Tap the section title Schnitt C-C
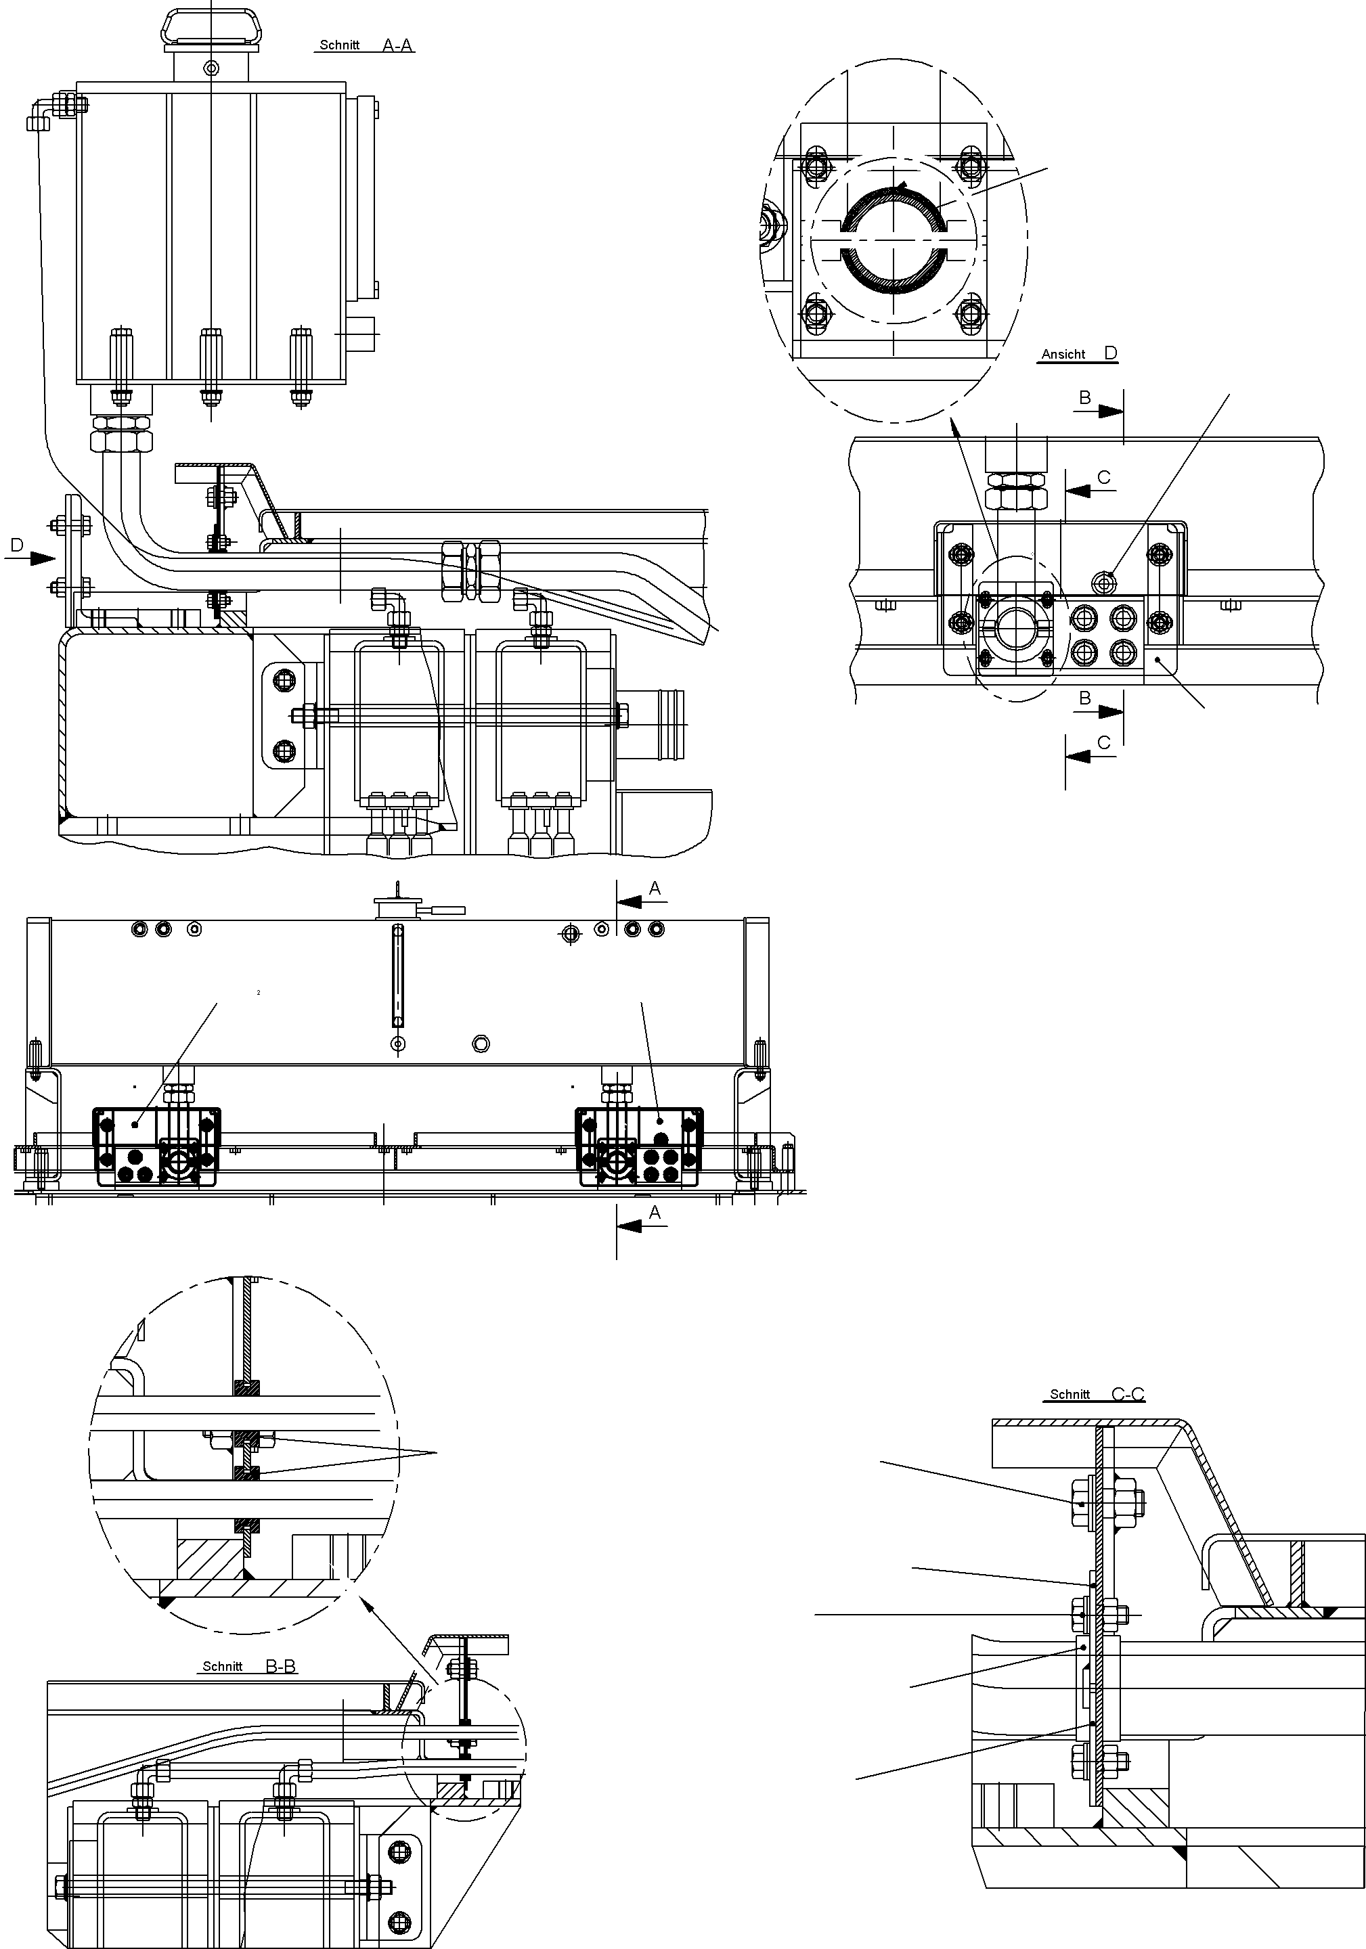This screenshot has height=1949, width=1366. [x=1096, y=1394]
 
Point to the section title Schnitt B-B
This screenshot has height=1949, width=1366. [x=248, y=1666]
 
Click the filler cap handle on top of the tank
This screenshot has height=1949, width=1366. [x=211, y=26]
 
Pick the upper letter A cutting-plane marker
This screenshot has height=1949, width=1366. [x=655, y=889]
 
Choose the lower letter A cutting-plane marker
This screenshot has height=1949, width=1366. [x=655, y=1213]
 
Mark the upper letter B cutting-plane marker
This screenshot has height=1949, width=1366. [x=1085, y=397]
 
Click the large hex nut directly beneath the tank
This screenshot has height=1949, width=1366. [x=121, y=440]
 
